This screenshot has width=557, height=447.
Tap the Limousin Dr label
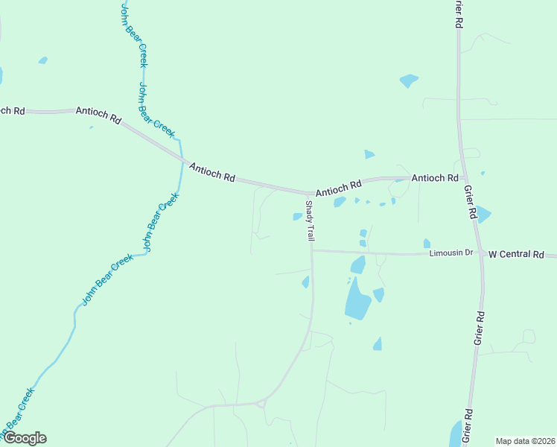pyautogui.click(x=451, y=253)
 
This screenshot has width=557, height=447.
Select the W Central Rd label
pyautogui.click(x=516, y=254)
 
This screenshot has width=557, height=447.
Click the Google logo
pyautogui.click(x=25, y=438)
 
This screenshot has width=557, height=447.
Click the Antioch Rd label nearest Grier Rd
pyautogui.click(x=435, y=178)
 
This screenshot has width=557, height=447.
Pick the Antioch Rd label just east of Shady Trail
pyautogui.click(x=338, y=188)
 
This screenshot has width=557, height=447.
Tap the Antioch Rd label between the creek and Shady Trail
pyautogui.click(x=212, y=173)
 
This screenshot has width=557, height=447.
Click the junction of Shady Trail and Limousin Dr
pyautogui.click(x=312, y=250)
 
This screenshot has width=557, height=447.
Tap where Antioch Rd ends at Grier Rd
pyautogui.click(x=465, y=178)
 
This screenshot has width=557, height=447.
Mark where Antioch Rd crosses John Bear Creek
pyautogui.click(x=181, y=159)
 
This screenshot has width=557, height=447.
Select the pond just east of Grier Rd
pyautogui.click(x=483, y=215)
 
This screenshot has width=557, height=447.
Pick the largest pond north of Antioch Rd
pyautogui.click(x=408, y=80)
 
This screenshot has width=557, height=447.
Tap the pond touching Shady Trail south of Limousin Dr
pyautogui.click(x=306, y=282)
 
